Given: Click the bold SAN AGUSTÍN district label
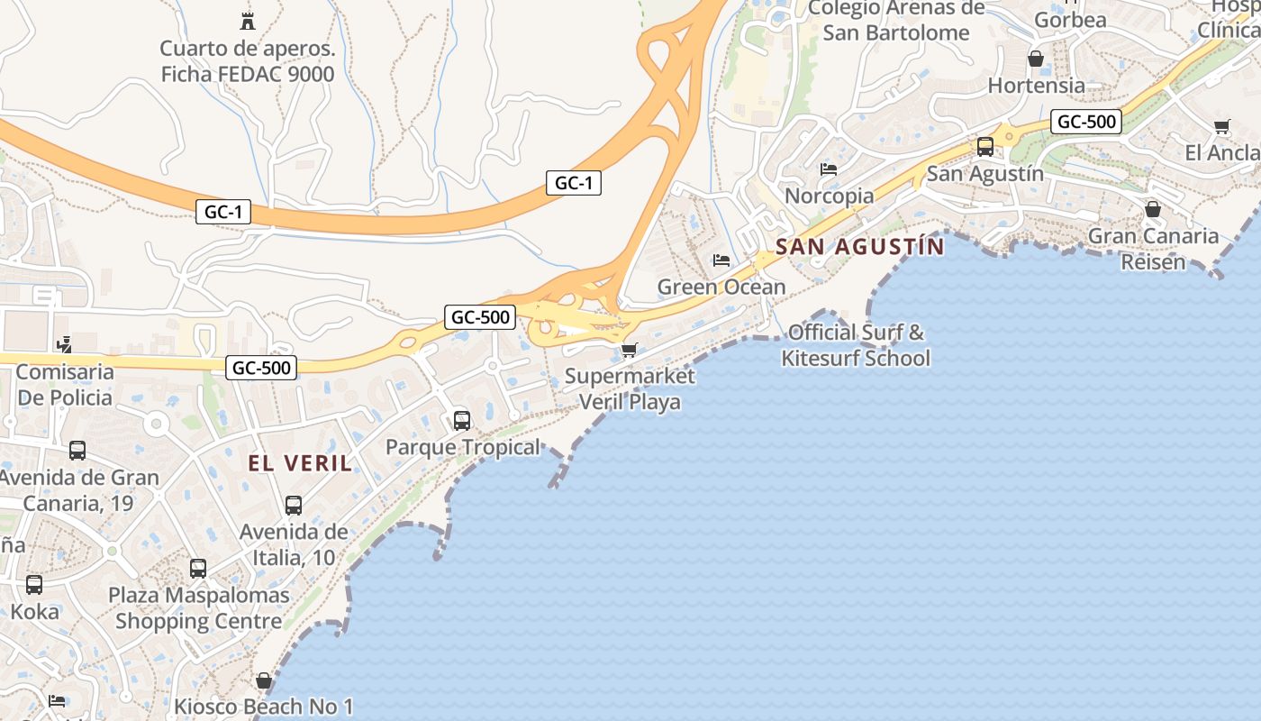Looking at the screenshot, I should click(859, 246).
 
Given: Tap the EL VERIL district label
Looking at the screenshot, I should click(300, 463).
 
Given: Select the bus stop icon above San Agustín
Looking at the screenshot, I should click(985, 147).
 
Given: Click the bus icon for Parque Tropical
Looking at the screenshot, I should click(462, 420).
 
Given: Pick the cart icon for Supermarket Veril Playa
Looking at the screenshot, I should click(630, 350).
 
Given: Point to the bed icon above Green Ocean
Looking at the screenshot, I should click(721, 260).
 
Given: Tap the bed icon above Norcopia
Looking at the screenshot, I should click(829, 169).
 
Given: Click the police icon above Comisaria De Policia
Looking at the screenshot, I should click(64, 344).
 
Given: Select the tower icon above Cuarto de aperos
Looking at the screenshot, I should click(247, 21).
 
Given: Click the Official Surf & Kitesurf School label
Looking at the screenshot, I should click(855, 345).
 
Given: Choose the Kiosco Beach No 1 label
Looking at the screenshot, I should click(264, 707).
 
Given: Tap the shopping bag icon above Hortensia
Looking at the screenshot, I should click(1036, 59).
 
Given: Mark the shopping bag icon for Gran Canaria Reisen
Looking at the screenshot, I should click(1152, 210).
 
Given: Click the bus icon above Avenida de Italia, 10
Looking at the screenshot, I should click(293, 506).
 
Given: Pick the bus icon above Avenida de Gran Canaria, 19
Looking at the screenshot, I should click(77, 451).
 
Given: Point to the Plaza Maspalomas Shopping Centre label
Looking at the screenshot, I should click(199, 608).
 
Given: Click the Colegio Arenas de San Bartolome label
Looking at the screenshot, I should click(896, 21).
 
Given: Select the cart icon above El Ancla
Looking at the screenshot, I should click(1221, 127).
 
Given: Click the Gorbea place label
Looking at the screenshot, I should click(1070, 20).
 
